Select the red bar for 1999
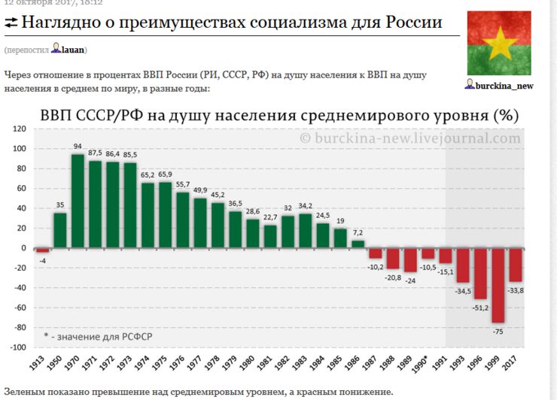click(x=498, y=285)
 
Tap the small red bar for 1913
click(x=43, y=250)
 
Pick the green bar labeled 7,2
click(x=358, y=244)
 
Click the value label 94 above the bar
click(x=78, y=146)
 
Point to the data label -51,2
click(x=479, y=307)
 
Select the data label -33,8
click(x=516, y=289)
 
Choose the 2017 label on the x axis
click(x=516, y=363)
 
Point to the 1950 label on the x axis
click(x=61, y=363)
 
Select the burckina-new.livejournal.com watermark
click(x=410, y=138)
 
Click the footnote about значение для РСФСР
click(x=98, y=336)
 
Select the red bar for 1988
click(x=393, y=258)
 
